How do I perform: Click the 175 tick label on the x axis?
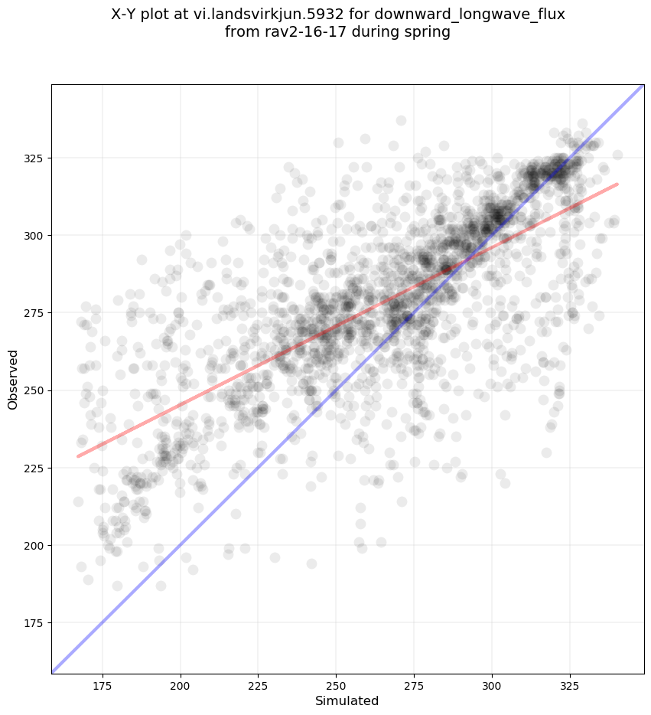point(103,685)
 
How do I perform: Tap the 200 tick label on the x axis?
point(181,685)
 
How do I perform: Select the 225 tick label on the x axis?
point(259,685)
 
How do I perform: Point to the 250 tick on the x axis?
point(336,685)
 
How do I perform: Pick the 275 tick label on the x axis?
point(414,685)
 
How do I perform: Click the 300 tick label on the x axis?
point(492,685)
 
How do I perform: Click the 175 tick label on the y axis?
point(34,622)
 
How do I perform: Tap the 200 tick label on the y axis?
point(34,545)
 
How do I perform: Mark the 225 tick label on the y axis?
point(34,468)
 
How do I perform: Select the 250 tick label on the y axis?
point(34,390)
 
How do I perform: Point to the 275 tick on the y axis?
point(34,313)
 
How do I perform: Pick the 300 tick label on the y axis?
point(34,236)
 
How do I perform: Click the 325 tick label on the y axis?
point(34,158)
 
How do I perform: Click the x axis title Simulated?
point(347,700)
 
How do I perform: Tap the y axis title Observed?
point(13,379)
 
